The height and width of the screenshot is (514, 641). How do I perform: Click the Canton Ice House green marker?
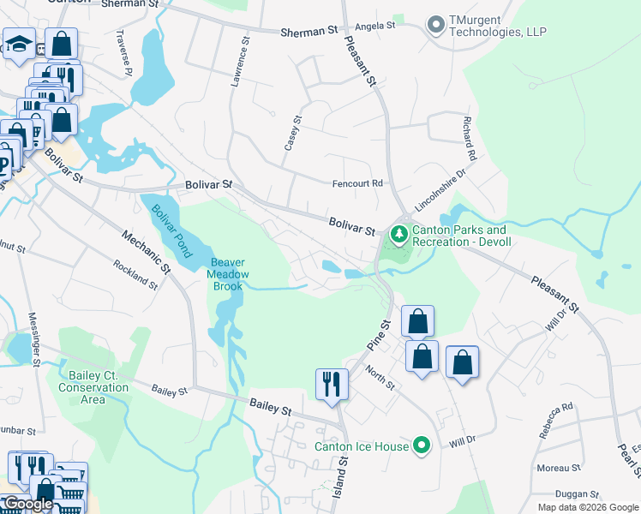421,445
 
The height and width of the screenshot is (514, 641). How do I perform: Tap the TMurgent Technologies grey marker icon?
436,26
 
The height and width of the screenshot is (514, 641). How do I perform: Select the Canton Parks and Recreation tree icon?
398,233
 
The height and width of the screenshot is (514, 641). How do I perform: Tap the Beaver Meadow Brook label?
230,273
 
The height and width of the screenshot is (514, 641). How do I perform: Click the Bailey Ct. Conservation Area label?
93,387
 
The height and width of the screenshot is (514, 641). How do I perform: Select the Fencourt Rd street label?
357,183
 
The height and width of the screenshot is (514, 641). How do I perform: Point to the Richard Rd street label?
469,140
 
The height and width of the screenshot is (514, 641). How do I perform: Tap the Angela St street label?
378,26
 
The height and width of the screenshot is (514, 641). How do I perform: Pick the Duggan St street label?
577,494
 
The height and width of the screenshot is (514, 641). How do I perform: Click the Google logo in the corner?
27,504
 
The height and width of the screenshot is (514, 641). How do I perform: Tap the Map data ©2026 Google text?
587,507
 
